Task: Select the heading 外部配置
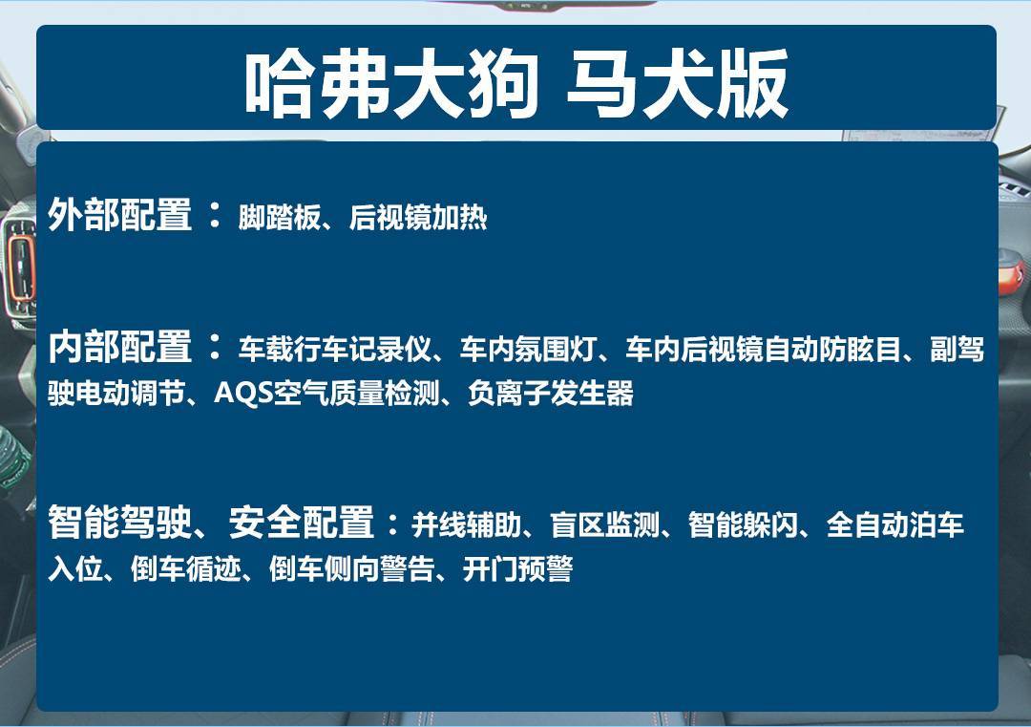click(x=120, y=215)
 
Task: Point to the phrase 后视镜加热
click(x=418, y=218)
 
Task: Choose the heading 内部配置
click(x=120, y=348)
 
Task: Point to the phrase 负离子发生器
click(x=551, y=393)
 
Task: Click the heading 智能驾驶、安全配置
click(x=211, y=523)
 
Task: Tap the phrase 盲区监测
click(x=605, y=524)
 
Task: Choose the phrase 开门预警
click(x=517, y=570)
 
